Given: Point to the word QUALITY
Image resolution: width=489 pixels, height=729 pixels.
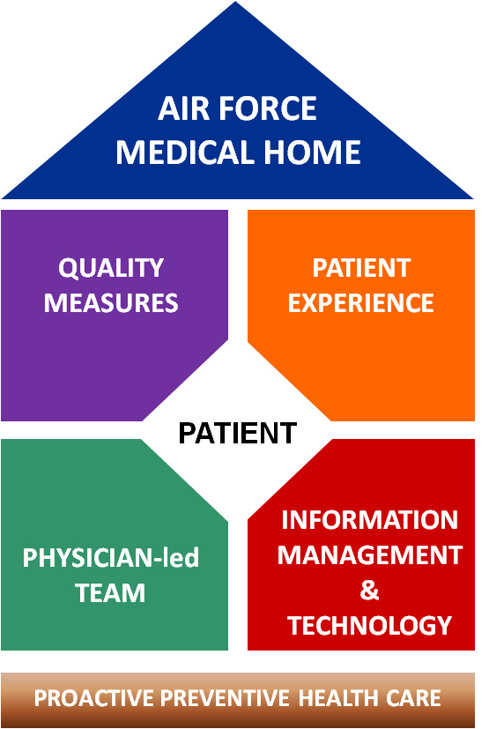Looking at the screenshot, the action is tap(111, 268).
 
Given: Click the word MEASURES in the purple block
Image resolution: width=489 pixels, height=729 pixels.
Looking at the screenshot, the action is tap(111, 302).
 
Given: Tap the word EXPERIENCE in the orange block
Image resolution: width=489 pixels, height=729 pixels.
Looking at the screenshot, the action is tap(360, 302).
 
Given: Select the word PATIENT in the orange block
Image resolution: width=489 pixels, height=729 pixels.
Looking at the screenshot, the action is tap(361, 268).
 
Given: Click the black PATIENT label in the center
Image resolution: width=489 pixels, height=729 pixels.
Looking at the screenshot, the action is tap(238, 433).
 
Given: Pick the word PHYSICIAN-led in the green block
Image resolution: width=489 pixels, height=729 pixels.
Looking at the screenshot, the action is tap(111, 557).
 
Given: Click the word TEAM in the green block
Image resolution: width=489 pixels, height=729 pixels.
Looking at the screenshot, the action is tap(111, 592).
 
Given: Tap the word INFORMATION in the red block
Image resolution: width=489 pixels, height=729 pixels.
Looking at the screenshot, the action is tap(369, 519).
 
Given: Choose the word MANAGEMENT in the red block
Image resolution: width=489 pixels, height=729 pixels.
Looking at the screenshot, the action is tap(369, 554).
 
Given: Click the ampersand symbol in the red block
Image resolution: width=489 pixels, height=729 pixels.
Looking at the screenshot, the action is tap(369, 590).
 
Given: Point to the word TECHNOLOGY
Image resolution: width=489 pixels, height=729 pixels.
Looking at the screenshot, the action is tap(369, 625).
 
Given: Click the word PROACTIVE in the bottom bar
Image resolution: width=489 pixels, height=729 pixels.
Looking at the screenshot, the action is tap(94, 698).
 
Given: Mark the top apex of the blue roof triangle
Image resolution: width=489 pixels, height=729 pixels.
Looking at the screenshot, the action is tap(235, 2).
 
